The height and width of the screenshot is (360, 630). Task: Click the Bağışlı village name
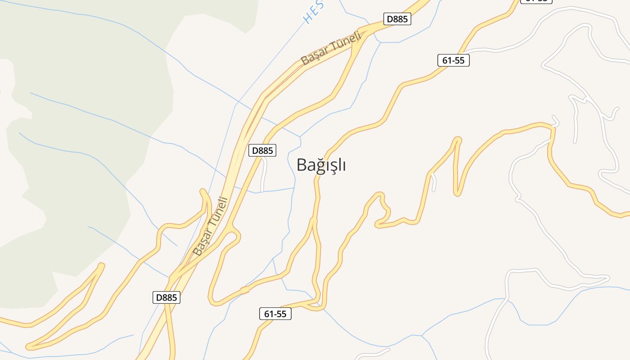pos(321,165)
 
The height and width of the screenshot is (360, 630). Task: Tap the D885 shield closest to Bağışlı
pos(262,150)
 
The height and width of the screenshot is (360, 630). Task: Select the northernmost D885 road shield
pos(397,19)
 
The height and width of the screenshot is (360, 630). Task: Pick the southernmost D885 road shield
pos(166,297)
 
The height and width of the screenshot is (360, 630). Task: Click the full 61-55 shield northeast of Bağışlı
pos(454,60)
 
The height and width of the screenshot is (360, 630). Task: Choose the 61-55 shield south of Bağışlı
pos(275,314)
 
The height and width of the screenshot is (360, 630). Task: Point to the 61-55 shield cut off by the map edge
pos(536,1)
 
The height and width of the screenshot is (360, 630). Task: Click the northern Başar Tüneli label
pos(331,48)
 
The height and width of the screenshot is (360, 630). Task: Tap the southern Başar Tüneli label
pos(211,226)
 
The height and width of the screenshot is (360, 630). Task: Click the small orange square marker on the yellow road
pos(245,290)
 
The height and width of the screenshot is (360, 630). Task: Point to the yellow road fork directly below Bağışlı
pos(313,220)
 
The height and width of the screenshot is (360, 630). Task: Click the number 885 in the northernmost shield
pos(401,19)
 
